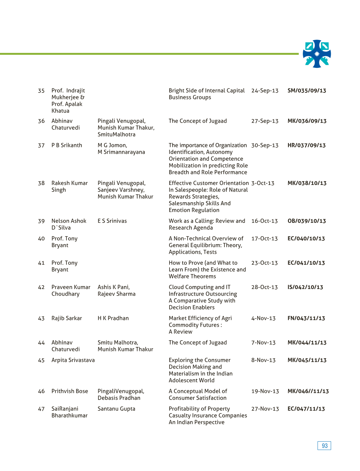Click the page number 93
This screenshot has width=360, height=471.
pos(324,446)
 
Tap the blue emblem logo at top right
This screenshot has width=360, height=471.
pos(317,54)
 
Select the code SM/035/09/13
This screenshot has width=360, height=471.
pos(306,90)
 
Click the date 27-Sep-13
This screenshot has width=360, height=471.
pos(265,121)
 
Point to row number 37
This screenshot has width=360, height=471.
pos(41,145)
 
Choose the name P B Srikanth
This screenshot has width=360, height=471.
pos(66,145)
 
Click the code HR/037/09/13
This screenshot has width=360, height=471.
pos(306,145)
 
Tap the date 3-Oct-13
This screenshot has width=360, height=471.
pos(263,183)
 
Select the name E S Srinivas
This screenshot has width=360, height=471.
pos(112,221)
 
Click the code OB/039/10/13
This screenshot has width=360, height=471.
pos(306,221)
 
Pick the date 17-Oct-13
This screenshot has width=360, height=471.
pos(264,238)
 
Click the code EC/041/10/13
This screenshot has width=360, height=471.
pos(306,263)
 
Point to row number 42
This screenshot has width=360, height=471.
pos(41,287)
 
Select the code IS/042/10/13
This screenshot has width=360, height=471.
pos(305,287)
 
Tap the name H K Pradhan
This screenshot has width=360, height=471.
pos(113,318)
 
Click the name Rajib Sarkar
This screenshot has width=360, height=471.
pos(66,318)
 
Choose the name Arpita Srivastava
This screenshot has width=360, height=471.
pos(73,360)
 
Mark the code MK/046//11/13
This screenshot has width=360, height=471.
pos(308,391)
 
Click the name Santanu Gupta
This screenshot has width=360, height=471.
pos(116,409)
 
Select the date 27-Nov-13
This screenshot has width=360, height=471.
pos(265,409)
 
